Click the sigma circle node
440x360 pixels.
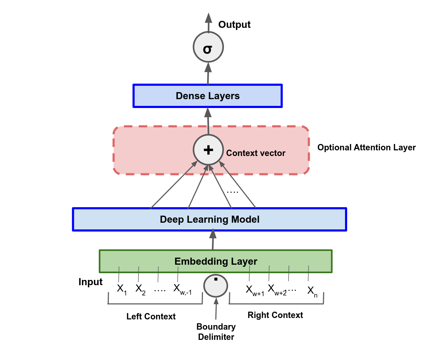point(208,47)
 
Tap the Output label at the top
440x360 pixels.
point(234,25)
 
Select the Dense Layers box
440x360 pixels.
point(208,96)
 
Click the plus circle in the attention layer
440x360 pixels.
point(208,150)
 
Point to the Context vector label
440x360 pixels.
point(256,153)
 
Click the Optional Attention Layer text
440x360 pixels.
point(366,148)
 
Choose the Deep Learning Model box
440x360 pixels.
point(209,220)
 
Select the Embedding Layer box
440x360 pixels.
point(215,262)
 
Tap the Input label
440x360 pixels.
point(90,282)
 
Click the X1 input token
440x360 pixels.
point(121,289)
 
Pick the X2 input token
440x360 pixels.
point(140,289)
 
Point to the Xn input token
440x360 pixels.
point(312,291)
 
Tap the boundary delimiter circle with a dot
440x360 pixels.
point(216,286)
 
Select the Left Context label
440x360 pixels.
point(151,317)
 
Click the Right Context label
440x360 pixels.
point(275,315)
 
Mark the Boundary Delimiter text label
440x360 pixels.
point(216,332)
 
